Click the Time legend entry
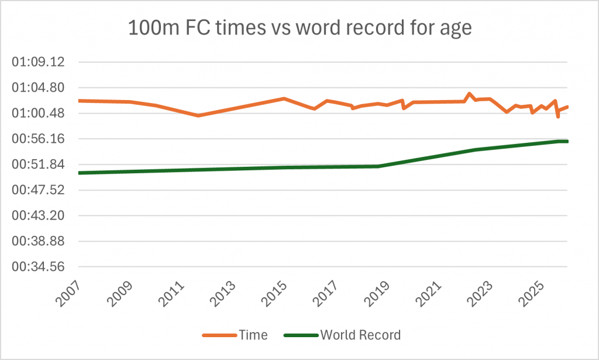[x=236, y=335]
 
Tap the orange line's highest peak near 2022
[x=469, y=94]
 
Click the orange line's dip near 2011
[x=198, y=115]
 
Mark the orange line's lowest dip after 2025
[x=558, y=116]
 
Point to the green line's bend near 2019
[x=379, y=166]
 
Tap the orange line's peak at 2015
[x=284, y=98]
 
